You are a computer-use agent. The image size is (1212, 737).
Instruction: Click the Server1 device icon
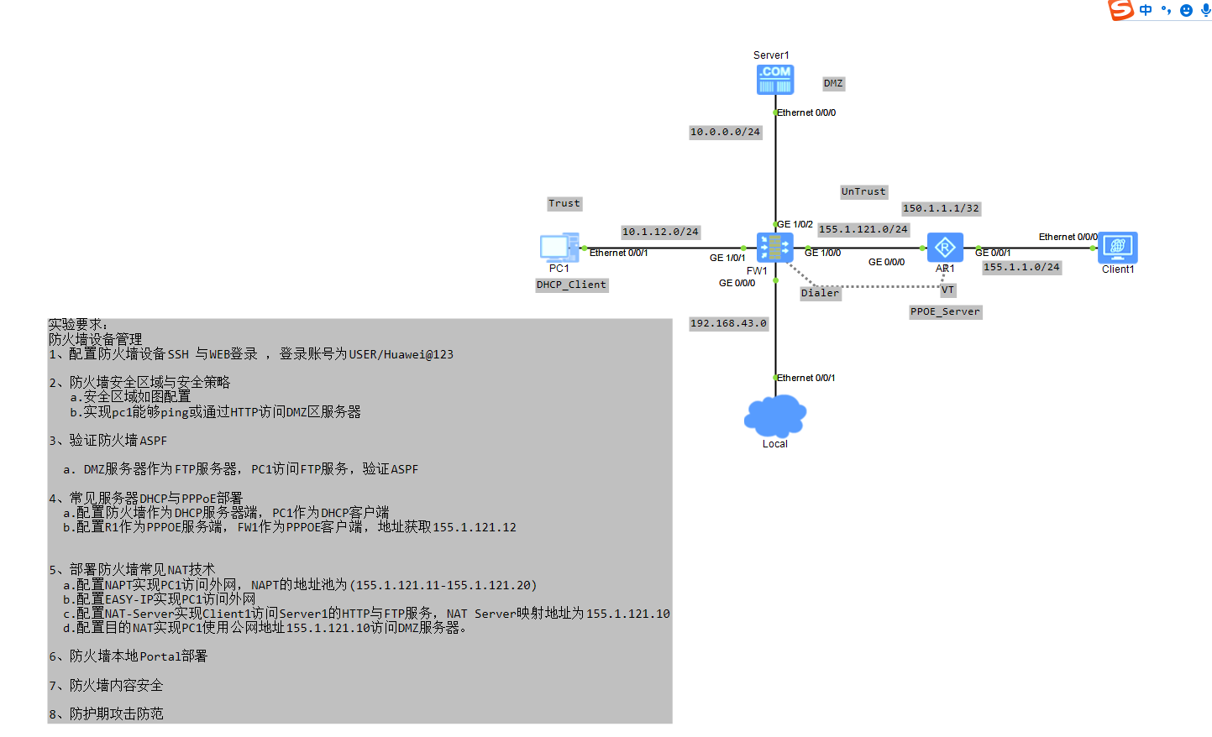click(x=774, y=80)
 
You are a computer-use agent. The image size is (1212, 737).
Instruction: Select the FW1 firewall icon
click(x=774, y=248)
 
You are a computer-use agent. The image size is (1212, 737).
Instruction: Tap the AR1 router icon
click(x=945, y=248)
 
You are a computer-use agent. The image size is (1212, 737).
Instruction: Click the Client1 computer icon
click(x=1117, y=248)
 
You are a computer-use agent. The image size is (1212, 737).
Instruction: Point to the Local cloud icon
click(x=775, y=416)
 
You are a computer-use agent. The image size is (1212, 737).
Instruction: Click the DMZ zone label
click(x=833, y=84)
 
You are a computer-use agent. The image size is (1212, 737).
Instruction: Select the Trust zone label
click(x=564, y=204)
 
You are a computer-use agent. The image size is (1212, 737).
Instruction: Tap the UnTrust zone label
click(x=863, y=192)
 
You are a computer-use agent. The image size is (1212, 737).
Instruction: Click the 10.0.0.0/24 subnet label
click(x=725, y=133)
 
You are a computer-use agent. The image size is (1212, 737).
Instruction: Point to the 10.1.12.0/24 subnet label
click(x=660, y=233)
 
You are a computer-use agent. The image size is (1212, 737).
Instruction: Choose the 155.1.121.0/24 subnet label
click(x=863, y=230)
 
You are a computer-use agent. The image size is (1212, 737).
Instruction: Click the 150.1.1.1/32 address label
click(x=941, y=209)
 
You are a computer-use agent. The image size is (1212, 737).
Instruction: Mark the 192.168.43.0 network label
click(x=728, y=324)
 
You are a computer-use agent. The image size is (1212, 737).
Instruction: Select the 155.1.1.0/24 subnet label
click(x=1021, y=268)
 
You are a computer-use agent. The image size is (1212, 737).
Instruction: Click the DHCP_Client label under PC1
click(x=571, y=285)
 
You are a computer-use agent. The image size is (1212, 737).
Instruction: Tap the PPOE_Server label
click(x=945, y=312)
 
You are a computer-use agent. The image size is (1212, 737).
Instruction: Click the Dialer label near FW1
click(x=820, y=294)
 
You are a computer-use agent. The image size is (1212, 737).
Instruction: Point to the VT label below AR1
click(x=947, y=290)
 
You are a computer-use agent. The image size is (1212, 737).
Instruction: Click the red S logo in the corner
click(x=1120, y=10)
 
